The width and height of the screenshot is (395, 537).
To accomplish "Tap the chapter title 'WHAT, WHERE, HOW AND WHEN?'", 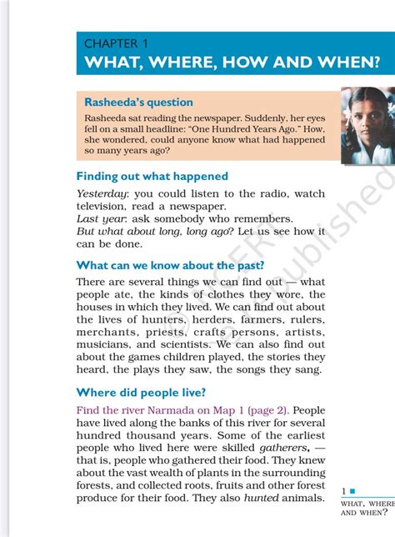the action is [x=232, y=63].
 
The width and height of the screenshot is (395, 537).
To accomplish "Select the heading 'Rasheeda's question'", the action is [x=138, y=102].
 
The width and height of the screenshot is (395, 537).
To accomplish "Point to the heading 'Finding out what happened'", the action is [x=152, y=176].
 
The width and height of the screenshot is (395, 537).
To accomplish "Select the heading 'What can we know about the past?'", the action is [x=170, y=265].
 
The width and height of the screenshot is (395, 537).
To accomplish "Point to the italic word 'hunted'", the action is [x=261, y=498].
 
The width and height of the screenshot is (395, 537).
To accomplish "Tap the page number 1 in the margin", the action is [x=345, y=492].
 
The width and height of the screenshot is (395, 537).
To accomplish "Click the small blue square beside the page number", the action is [x=353, y=491].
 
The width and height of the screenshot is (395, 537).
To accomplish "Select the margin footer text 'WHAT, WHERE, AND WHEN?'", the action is [x=367, y=508].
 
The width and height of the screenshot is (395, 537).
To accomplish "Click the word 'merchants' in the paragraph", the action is [x=106, y=331].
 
